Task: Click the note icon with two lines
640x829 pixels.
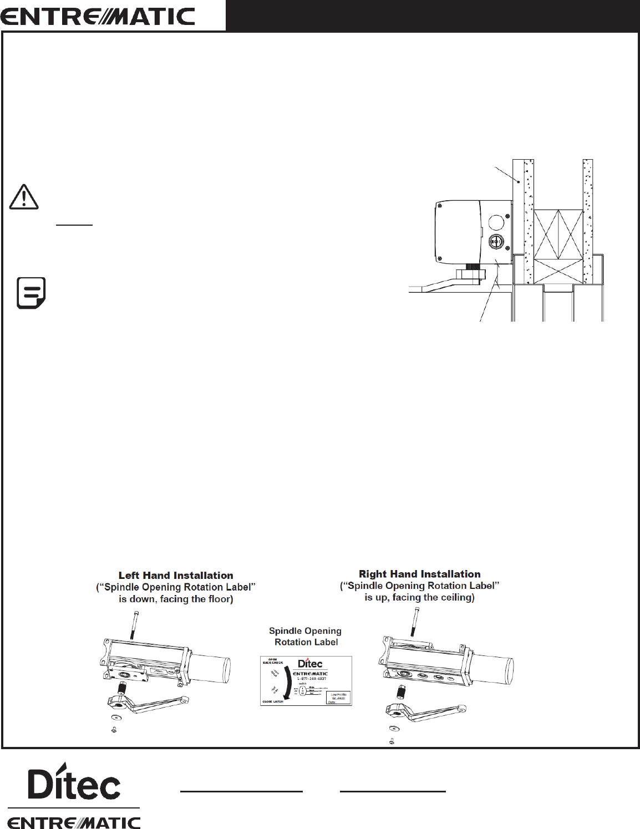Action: coord(32,292)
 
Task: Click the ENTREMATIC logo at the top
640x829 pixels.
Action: coord(98,16)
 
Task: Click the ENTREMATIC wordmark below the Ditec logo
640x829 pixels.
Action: coord(74,821)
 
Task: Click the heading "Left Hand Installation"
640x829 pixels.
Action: coord(176,576)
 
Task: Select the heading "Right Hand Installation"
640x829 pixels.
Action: coord(420,574)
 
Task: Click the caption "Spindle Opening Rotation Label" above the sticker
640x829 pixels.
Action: coord(305,637)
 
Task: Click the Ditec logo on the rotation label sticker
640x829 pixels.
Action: coord(310,663)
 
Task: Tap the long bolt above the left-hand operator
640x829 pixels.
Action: coord(135,624)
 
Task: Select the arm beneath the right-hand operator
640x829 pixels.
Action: coord(427,711)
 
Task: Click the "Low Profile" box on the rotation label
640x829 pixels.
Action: coord(338,697)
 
